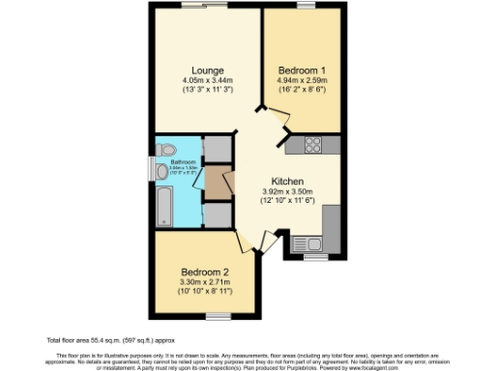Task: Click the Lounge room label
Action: [x=208, y=71]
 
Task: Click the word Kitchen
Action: [x=288, y=182]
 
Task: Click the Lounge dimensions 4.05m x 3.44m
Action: [x=208, y=81]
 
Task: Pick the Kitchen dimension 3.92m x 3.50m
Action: [x=288, y=192]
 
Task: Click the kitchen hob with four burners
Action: [x=314, y=145]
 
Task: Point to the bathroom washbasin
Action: [x=161, y=171]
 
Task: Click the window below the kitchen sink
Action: [x=315, y=258]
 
